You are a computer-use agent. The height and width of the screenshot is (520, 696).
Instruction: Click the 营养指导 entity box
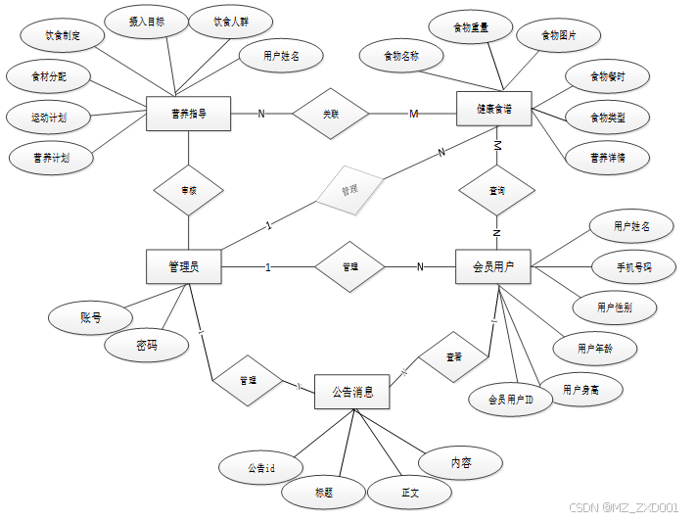(187, 115)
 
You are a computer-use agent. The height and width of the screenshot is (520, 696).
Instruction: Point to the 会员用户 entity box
(493, 266)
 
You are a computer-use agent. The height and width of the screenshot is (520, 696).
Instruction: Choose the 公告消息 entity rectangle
(352, 392)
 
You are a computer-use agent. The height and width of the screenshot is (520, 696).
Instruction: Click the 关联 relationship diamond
(331, 115)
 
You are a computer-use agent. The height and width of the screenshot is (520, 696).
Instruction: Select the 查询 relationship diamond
(496, 191)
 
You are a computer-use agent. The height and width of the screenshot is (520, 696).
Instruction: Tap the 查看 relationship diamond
(453, 357)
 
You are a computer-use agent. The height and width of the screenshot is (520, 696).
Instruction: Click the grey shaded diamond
(349, 188)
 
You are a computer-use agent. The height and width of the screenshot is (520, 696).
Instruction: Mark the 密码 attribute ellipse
(147, 345)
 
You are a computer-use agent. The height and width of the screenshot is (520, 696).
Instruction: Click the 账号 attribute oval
(90, 317)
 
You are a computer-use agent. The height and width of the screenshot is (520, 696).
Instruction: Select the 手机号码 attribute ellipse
(632, 265)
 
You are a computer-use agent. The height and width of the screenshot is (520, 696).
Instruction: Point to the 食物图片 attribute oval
(558, 36)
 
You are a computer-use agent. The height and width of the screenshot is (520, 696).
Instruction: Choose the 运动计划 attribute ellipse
(48, 118)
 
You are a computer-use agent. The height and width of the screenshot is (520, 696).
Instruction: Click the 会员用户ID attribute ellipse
(511, 399)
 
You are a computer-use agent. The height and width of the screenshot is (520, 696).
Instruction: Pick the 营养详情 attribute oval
(607, 158)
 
